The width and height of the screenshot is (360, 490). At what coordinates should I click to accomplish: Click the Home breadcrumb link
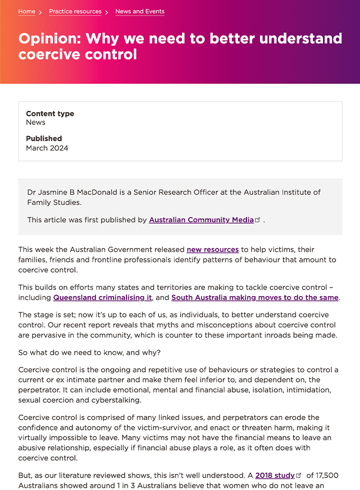click(26, 11)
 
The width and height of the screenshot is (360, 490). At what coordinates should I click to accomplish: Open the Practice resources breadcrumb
click(75, 11)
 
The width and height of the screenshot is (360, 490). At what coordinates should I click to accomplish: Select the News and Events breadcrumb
click(139, 11)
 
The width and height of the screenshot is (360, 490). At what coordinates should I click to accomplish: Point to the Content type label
click(50, 113)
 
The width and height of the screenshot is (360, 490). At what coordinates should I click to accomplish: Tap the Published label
click(44, 138)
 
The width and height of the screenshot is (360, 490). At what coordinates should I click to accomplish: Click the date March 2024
click(47, 148)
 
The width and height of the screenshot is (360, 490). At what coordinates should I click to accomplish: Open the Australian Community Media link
click(201, 220)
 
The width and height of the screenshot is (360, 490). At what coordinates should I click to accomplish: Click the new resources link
click(212, 249)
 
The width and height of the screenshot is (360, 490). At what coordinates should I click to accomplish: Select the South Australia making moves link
click(255, 297)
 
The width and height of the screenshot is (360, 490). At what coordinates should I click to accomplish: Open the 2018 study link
click(275, 475)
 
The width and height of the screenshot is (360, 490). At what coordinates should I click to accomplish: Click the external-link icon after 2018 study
click(299, 475)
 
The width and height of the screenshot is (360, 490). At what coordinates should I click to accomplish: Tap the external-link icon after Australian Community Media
click(258, 220)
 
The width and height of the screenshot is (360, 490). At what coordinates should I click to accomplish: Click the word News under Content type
click(35, 122)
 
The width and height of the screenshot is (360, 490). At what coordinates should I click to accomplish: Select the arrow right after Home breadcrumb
click(40, 12)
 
